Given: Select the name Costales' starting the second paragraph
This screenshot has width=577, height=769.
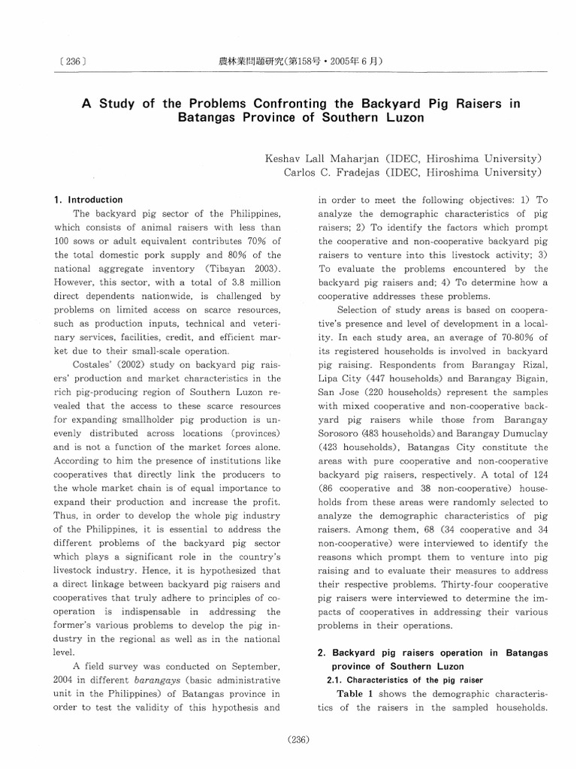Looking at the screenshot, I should click(x=93, y=364).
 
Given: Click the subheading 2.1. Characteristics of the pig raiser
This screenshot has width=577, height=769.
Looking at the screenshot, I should click(x=401, y=680).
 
